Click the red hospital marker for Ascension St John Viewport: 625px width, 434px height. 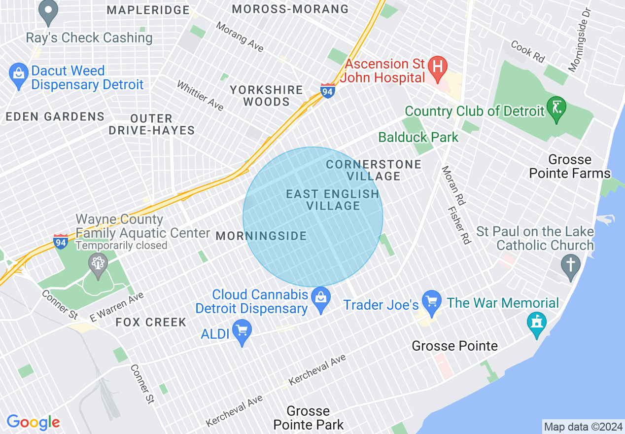tap(437, 66)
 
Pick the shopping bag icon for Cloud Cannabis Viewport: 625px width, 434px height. tap(321, 298)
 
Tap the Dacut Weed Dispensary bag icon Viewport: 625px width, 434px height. tap(18, 75)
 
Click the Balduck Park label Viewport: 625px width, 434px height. tap(418, 137)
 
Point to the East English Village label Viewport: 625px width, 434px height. tap(333, 200)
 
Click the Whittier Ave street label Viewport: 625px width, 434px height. tap(200, 96)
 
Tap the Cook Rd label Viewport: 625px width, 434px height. tap(527, 51)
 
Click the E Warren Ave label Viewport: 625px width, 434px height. tap(117, 306)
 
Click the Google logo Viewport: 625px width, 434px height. tap(33, 422)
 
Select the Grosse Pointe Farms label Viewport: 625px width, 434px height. tap(570, 167)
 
